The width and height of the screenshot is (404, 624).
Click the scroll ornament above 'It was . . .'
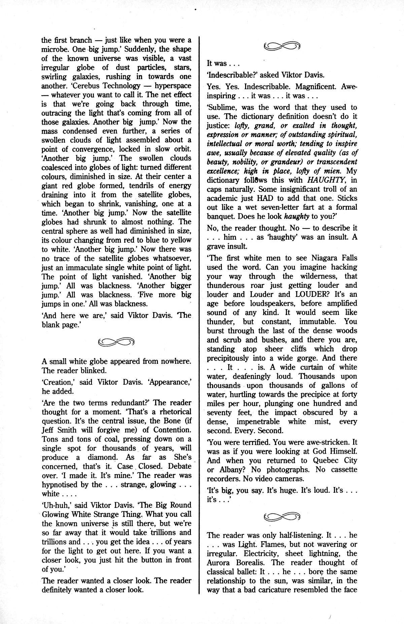point(282,46)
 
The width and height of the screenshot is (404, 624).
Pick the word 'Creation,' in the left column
point(57,383)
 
